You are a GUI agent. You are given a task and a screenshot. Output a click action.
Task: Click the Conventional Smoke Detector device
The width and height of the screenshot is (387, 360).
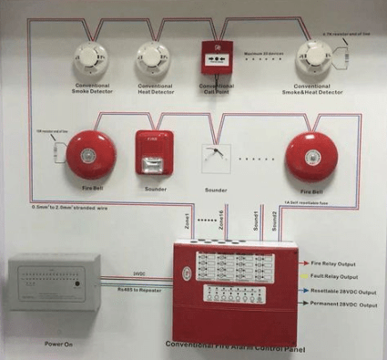[92, 59]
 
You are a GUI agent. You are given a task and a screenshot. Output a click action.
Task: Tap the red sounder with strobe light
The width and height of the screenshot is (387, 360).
[153, 149]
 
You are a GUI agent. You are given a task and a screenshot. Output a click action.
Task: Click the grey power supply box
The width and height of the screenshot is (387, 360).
[56, 283]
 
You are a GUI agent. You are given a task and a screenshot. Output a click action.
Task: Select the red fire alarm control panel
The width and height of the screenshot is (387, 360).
[233, 292]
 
